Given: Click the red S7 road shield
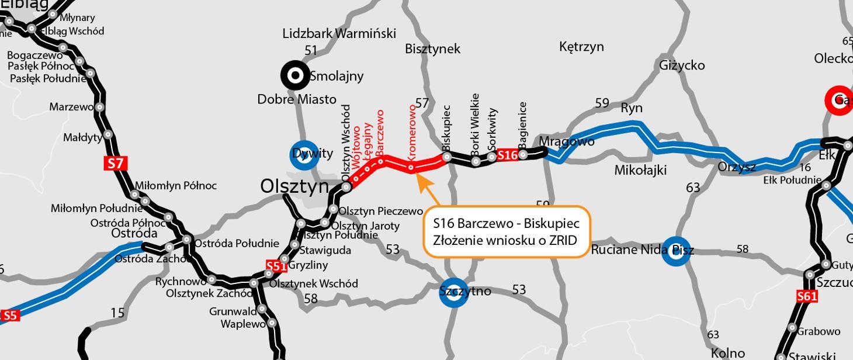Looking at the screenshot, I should point(116,163).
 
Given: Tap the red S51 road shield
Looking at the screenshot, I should point(276,266).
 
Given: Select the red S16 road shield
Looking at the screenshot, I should point(508,155).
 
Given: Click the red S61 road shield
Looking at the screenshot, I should point(807,297).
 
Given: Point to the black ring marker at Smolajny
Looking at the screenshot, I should point(296,75).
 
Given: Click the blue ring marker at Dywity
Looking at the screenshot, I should point(304,155).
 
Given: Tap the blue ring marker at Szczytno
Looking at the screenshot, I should point(453,292).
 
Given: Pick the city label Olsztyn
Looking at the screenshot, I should point(294,186).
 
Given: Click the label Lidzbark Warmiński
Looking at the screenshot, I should point(339,33).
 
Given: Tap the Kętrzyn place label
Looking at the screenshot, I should point(581,47).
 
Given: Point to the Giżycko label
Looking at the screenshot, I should point(682,65).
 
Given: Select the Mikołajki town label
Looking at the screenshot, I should point(640,170).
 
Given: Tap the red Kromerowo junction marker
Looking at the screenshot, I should point(411,168).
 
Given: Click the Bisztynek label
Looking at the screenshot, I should point(432,49).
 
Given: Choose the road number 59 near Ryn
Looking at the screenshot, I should point(602,103).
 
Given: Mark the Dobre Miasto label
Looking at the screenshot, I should point(297,99).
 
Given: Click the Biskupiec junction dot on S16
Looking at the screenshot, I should point(447,157).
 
